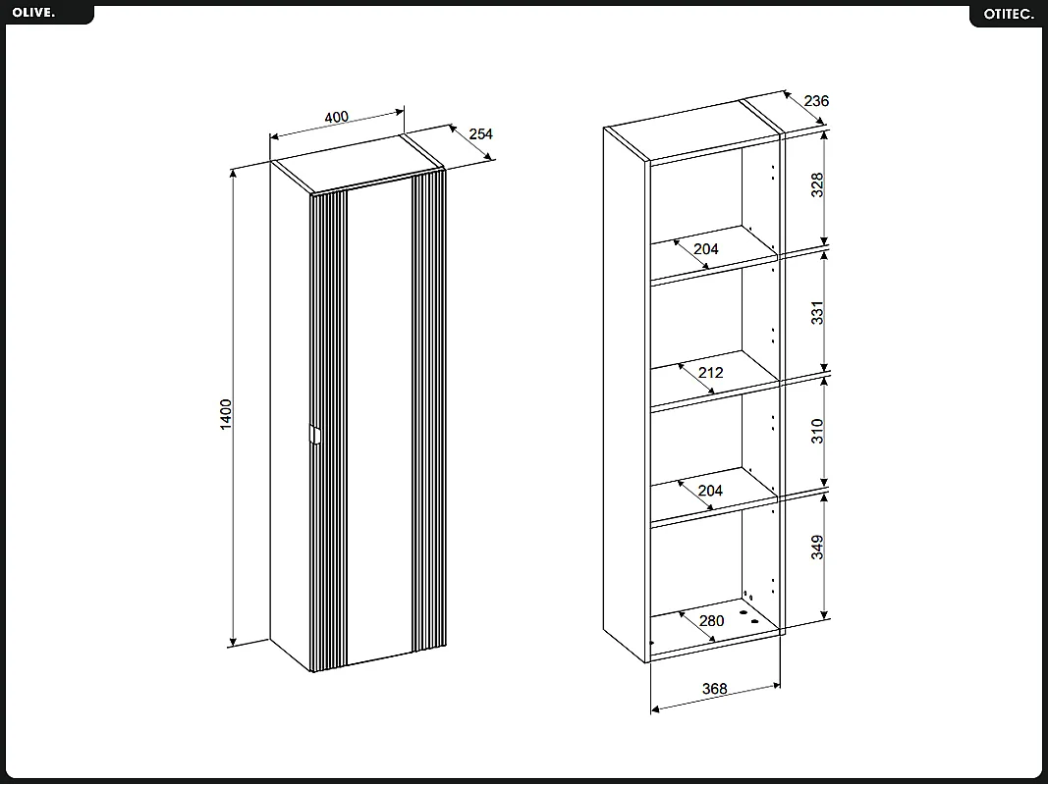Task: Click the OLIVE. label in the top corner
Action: (34, 12)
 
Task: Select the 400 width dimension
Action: (336, 117)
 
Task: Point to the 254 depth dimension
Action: (480, 134)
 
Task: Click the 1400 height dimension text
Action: (225, 413)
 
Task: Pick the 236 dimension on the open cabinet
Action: (816, 101)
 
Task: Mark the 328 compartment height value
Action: (817, 185)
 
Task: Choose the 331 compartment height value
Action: (817, 313)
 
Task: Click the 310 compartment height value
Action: (817, 431)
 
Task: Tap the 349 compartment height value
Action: (817, 547)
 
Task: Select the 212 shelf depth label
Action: (710, 373)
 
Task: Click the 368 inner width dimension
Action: (715, 689)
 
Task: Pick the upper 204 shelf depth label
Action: (706, 249)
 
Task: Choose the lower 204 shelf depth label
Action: (710, 491)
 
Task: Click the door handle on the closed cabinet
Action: (313, 436)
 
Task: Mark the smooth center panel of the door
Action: (379, 422)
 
